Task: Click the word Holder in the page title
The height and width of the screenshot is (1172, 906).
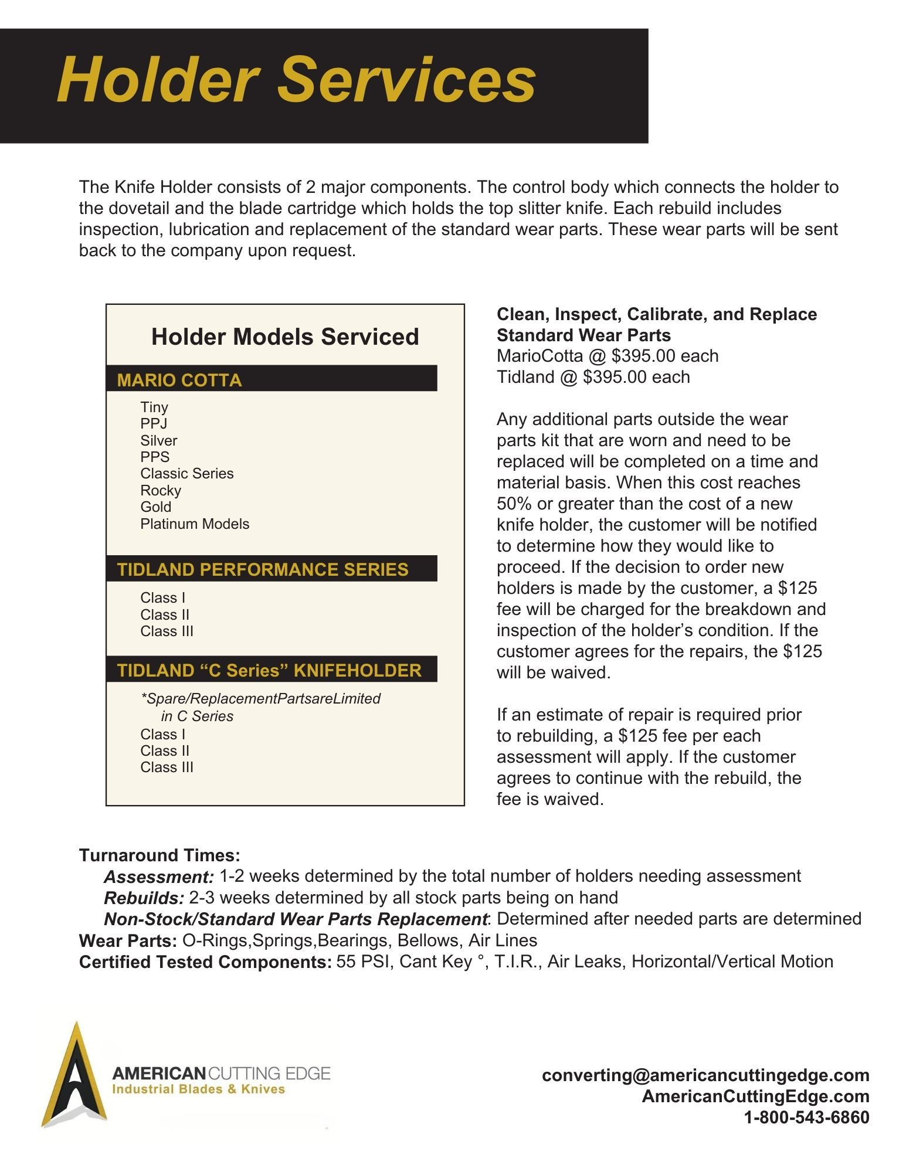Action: (158, 80)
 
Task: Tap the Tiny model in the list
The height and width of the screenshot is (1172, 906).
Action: (154, 407)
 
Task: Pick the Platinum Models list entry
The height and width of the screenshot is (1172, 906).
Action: (195, 524)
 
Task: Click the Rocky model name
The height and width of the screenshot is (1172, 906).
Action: (161, 490)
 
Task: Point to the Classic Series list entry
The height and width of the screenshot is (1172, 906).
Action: (186, 473)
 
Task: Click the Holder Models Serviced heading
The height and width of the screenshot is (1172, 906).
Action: (285, 337)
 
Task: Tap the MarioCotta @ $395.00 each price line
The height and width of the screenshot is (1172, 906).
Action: (607, 356)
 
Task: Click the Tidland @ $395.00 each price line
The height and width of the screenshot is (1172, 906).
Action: (593, 377)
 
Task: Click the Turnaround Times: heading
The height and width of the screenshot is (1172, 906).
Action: (160, 855)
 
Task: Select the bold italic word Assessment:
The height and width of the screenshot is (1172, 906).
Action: (159, 877)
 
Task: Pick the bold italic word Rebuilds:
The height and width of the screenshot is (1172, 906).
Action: (144, 898)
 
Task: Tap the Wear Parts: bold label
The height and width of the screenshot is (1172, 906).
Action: (128, 941)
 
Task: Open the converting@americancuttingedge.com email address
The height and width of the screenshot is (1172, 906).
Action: (705, 1075)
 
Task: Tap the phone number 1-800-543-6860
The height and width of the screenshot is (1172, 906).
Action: (806, 1117)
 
